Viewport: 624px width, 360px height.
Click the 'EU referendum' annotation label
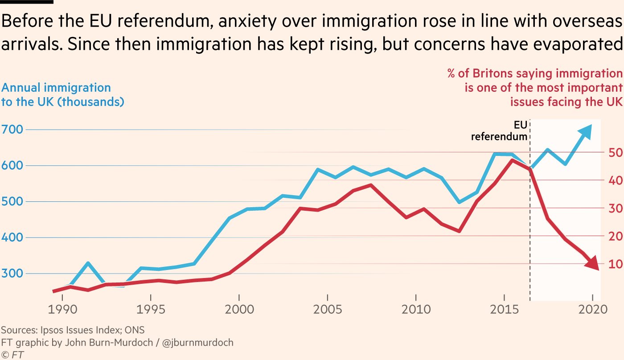500,130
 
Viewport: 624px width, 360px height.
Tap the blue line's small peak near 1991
88,263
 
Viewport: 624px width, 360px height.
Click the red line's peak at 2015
513,160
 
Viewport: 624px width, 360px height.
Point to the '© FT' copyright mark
12,355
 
